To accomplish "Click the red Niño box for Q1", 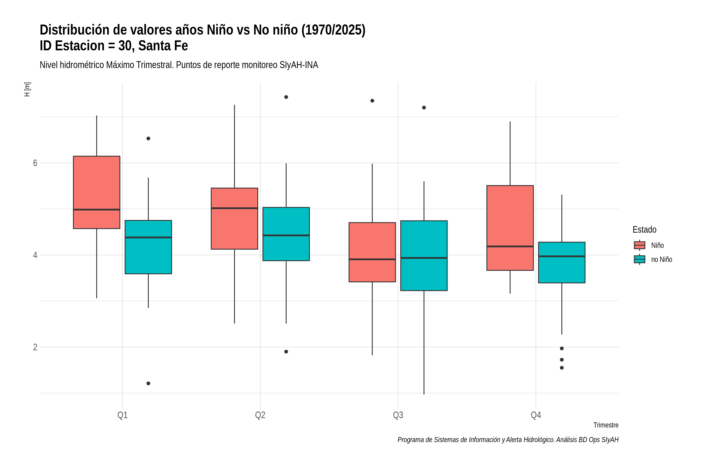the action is pos(97,192).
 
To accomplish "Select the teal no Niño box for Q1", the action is pos(148,247).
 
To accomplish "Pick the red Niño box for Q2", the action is pos(234,218).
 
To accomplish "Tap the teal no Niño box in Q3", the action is pos(424,255).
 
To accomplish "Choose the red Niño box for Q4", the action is pos(510,228).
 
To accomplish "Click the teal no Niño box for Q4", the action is pos(562,262).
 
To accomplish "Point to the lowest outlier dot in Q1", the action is pos(148,383).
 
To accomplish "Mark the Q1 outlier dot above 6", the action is pos(148,138).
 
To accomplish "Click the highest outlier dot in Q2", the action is pos(286,97).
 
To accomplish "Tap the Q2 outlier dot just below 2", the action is pos(286,352).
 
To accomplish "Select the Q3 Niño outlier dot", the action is pos(372,101).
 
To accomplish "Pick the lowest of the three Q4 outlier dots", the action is pos(562,368).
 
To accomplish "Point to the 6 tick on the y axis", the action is pos(35,163).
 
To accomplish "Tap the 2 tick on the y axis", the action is pos(35,347).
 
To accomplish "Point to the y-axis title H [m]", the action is pos(27,90).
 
